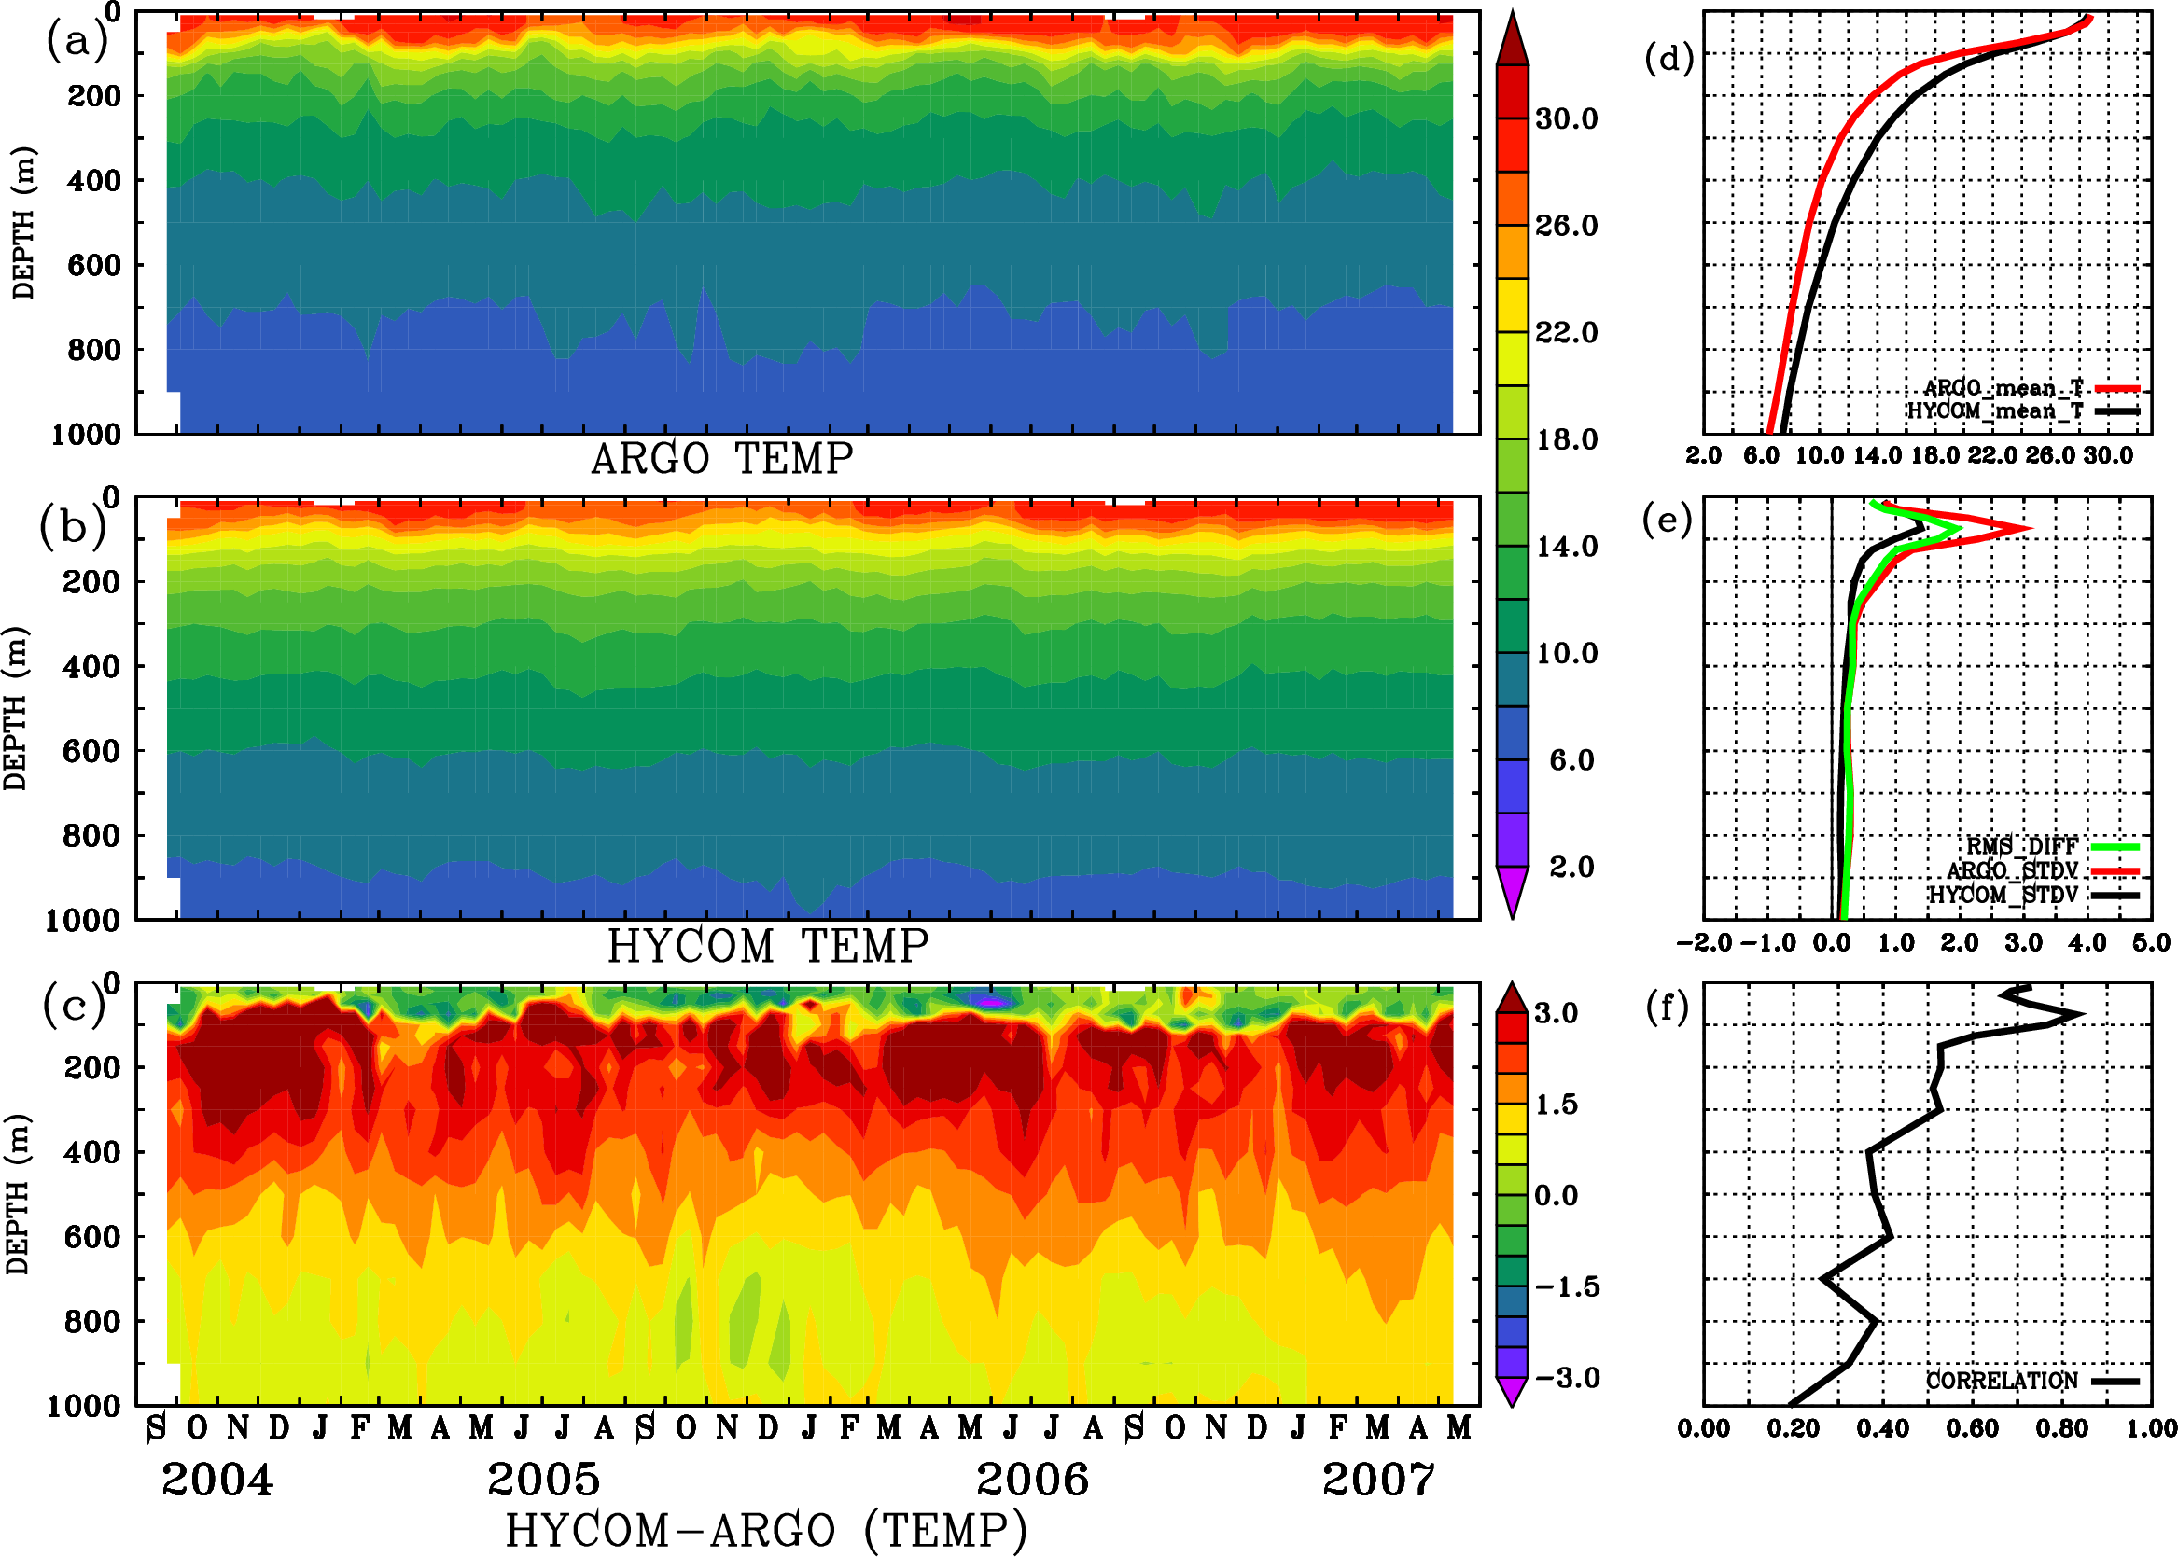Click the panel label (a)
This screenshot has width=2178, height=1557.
(x=76, y=41)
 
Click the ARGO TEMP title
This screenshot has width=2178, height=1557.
(x=721, y=460)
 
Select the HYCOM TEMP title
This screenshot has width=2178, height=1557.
(x=767, y=947)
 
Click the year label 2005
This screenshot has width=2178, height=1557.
(x=544, y=1480)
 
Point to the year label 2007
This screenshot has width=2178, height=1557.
(x=1378, y=1480)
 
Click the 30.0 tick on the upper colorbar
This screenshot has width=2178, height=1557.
(x=1566, y=118)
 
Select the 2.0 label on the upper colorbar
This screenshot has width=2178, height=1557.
(x=1571, y=867)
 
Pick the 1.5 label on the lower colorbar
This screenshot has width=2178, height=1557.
(x=1557, y=1105)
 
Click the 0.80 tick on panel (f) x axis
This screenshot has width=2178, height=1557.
(x=2062, y=1428)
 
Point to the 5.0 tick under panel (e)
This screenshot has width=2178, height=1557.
(x=2151, y=943)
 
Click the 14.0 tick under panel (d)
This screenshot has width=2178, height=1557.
(x=1877, y=455)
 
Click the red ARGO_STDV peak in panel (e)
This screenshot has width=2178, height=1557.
(x=2029, y=528)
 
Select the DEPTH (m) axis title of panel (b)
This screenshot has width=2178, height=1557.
(x=16, y=708)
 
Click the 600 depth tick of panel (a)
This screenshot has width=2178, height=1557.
(x=94, y=265)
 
